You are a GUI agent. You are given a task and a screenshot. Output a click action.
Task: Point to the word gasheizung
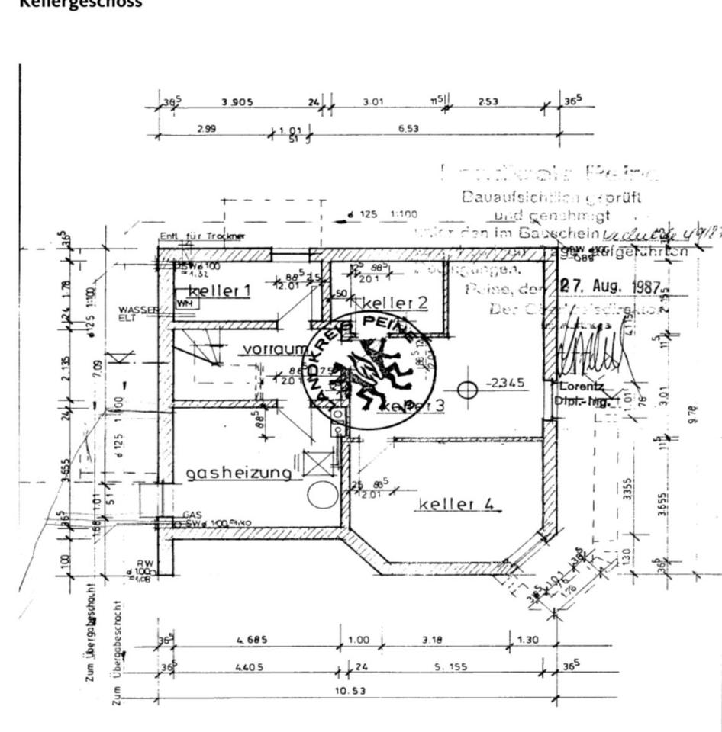[239, 474]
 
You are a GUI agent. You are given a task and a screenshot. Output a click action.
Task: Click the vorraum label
[273, 349]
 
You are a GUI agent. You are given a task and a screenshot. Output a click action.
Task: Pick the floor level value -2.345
[506, 383]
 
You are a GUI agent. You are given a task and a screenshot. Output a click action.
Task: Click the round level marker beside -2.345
[467, 390]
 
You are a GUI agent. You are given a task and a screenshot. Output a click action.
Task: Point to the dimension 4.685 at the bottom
[251, 640]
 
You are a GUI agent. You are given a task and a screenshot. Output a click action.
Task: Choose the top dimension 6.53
[408, 129]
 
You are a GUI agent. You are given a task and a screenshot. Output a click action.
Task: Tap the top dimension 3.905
[238, 102]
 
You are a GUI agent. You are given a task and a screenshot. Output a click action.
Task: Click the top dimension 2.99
[206, 129]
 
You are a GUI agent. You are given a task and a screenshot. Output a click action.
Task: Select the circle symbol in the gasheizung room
[322, 495]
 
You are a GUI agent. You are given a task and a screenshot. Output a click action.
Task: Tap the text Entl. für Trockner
[202, 236]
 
